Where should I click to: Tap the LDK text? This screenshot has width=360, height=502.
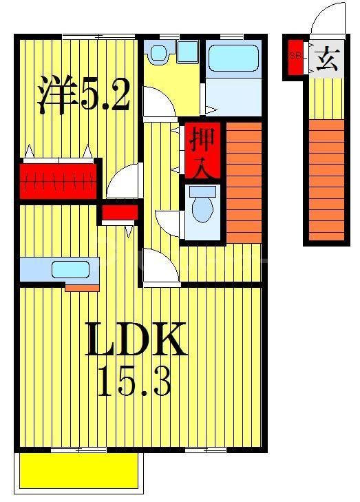[136, 338]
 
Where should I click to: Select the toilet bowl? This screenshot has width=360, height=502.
[202, 207]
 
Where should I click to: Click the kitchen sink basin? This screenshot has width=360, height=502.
[70, 269]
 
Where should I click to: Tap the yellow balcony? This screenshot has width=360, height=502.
[77, 470]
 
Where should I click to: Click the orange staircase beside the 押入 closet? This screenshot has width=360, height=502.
[244, 180]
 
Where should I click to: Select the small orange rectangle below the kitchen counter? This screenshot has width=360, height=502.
[82, 287]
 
